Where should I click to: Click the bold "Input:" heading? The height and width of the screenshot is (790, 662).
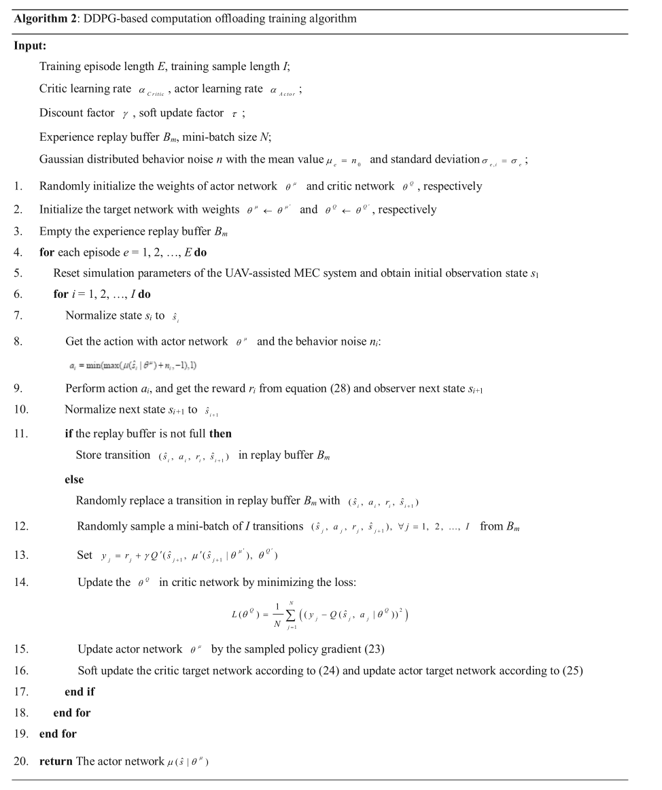[x=30, y=46]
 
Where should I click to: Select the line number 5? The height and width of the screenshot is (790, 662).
[x=18, y=273]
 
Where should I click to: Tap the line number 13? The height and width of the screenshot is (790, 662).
[x=20, y=555]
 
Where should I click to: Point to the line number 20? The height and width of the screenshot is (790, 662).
[x=20, y=761]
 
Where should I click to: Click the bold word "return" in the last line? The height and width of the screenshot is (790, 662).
[x=56, y=761]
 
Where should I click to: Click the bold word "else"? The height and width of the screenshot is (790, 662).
[x=75, y=479]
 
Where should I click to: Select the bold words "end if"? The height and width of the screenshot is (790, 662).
[x=80, y=691]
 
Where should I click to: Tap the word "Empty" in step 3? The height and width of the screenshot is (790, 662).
[x=54, y=231]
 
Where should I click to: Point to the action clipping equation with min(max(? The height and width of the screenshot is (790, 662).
[x=133, y=366]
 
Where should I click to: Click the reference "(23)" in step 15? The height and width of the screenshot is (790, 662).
[x=374, y=649]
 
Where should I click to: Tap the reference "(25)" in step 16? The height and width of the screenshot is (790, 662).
[x=572, y=670]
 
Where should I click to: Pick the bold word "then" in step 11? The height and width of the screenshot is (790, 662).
[x=220, y=434]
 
